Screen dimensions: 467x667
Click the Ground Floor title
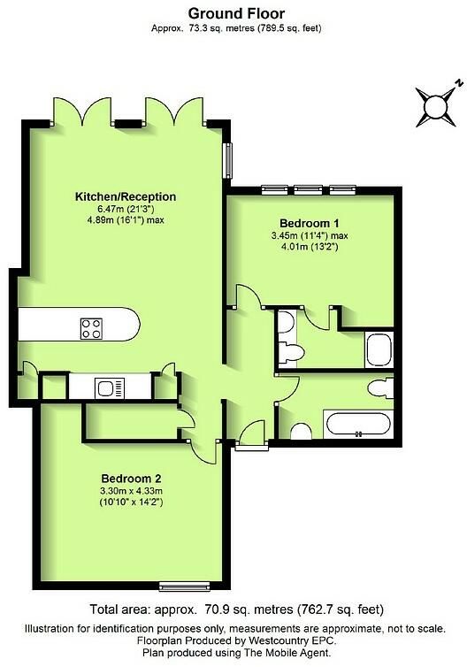(x=236, y=13)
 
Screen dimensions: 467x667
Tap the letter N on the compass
(x=458, y=83)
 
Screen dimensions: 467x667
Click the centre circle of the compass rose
(x=436, y=106)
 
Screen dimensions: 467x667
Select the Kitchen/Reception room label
(x=126, y=196)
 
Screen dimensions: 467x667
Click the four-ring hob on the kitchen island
(x=91, y=329)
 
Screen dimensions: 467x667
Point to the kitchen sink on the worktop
(x=111, y=387)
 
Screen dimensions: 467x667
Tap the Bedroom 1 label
(x=310, y=223)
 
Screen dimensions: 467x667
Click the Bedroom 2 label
(x=132, y=479)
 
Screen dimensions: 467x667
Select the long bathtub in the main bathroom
(x=358, y=424)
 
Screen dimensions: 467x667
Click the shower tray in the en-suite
(x=379, y=349)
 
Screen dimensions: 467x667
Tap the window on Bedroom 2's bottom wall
(x=185, y=587)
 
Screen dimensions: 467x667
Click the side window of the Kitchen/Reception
(x=229, y=161)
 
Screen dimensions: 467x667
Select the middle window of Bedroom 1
(x=309, y=189)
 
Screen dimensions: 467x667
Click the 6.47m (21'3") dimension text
(x=126, y=209)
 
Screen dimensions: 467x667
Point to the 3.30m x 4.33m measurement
(x=132, y=491)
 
